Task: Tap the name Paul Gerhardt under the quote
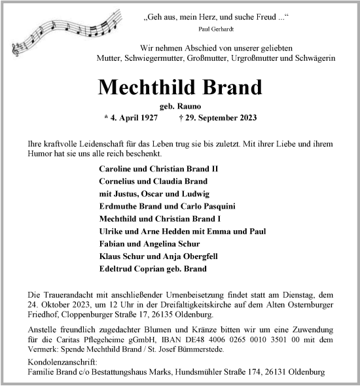pyautogui.click(x=215, y=30)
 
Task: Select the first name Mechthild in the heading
pyautogui.click(x=135, y=87)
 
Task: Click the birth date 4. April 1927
pyautogui.click(x=135, y=118)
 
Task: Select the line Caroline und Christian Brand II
pyautogui.click(x=158, y=169)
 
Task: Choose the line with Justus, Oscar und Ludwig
pyautogui.click(x=154, y=194)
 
